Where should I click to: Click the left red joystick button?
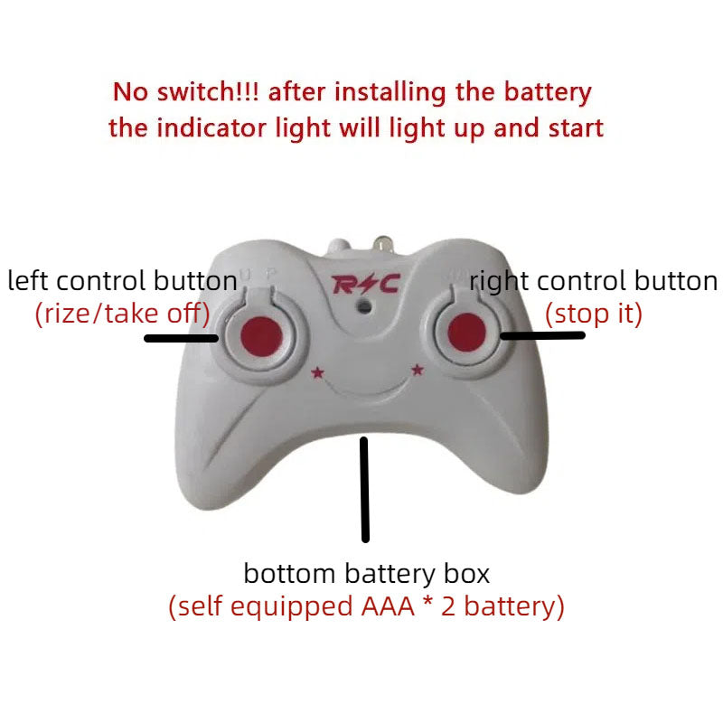[258, 336]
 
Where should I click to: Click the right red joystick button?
[466, 330]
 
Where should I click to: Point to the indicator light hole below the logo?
[363, 306]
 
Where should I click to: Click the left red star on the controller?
[317, 371]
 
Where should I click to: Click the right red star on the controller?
[418, 368]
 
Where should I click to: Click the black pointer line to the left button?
[181, 339]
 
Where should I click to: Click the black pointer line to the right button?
[543, 335]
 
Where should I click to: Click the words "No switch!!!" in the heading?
[187, 91]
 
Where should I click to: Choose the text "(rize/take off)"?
[122, 314]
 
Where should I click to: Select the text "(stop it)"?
[593, 314]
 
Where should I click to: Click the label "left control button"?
[122, 281]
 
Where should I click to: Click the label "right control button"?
[594, 281]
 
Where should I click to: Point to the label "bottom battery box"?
[366, 573]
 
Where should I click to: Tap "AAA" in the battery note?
[382, 606]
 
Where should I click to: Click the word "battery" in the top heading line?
[547, 91]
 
